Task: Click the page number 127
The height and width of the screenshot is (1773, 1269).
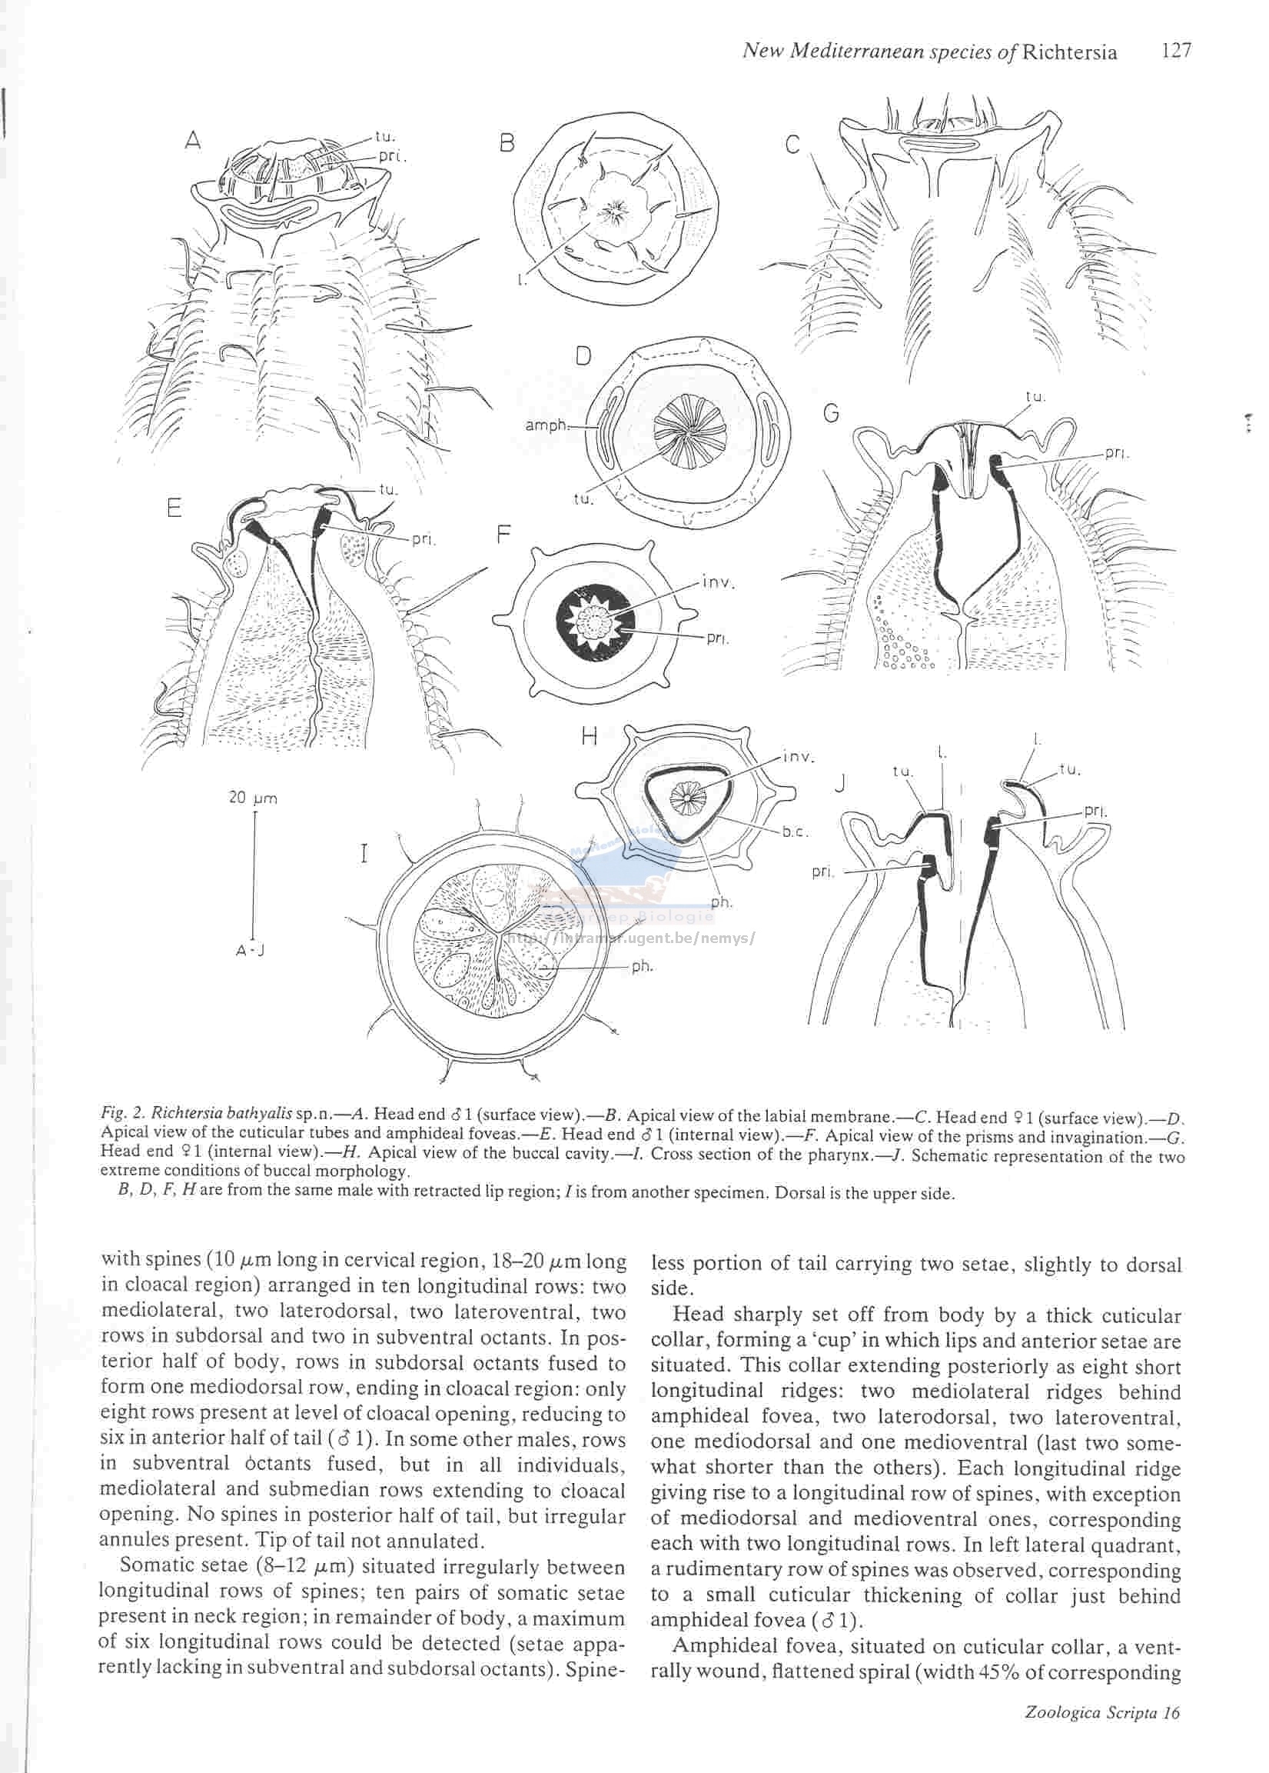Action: click(x=1176, y=51)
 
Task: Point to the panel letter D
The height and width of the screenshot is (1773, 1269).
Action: click(x=583, y=356)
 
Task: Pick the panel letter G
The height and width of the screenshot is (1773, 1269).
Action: click(x=832, y=412)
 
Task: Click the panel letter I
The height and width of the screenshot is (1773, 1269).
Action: click(x=364, y=854)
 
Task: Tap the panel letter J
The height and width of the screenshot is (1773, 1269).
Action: click(x=840, y=782)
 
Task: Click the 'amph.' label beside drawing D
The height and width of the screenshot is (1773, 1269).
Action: click(x=546, y=427)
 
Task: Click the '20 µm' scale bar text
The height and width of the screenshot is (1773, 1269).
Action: click(x=253, y=798)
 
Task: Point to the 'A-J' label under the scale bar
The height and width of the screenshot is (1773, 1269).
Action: click(x=251, y=951)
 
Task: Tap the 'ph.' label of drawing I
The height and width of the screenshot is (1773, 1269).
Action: click(x=642, y=966)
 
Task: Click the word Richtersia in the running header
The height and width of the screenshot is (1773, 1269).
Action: click(x=1069, y=52)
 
